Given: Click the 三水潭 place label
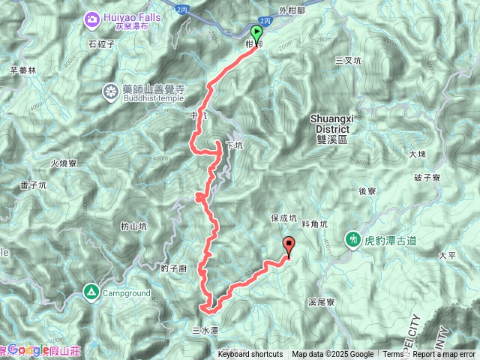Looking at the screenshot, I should [x=205, y=329].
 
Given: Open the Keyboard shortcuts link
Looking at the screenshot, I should [x=250, y=355].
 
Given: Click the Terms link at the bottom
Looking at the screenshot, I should [x=393, y=355].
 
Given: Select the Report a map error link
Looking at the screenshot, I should [x=445, y=355].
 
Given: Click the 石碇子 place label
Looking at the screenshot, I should [x=100, y=43].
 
